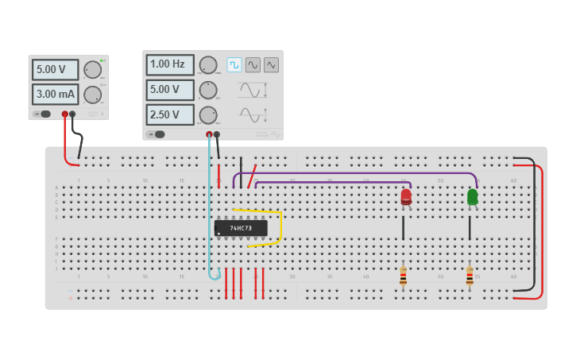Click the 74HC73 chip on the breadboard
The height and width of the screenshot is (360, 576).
click(241, 228)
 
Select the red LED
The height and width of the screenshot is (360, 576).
click(406, 196)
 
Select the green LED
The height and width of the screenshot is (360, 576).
click(473, 196)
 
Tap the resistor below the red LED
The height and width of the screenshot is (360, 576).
click(403, 277)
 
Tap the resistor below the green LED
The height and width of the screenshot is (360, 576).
click(470, 277)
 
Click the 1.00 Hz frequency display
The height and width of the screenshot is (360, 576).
click(169, 64)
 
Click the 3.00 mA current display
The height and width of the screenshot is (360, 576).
click(55, 95)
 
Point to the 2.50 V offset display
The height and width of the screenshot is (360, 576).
click(169, 114)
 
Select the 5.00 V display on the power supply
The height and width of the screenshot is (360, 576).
click(55, 69)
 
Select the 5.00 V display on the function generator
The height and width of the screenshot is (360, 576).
click(169, 89)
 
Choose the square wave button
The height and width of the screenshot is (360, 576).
click(234, 64)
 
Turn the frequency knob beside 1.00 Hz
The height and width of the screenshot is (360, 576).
click(208, 64)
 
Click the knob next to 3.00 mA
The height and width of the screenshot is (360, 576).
click(93, 95)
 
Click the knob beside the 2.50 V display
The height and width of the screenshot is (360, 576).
click(208, 114)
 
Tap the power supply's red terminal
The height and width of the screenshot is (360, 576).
click(65, 114)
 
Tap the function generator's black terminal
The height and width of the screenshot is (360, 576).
click(217, 134)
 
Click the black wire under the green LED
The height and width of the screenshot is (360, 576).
click(470, 228)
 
